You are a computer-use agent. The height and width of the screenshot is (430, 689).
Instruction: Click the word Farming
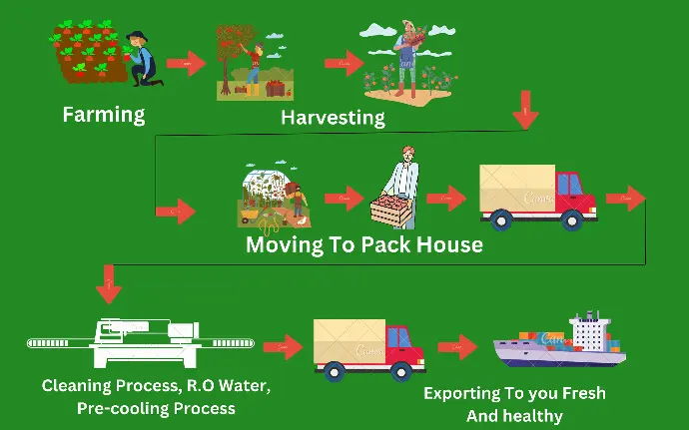click(x=104, y=115)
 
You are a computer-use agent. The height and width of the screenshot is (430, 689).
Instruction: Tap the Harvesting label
click(x=334, y=118)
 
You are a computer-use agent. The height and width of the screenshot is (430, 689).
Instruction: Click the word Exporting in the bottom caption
click(x=462, y=393)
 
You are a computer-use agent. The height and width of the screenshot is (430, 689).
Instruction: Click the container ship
click(x=559, y=339)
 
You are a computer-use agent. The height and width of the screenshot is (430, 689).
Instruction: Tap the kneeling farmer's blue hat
click(x=137, y=36)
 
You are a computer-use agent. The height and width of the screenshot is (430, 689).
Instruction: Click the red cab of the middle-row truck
click(x=575, y=194)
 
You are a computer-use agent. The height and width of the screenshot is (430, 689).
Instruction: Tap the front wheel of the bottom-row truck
click(x=401, y=372)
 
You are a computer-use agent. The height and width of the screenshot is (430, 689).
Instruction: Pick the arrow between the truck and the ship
click(x=457, y=347)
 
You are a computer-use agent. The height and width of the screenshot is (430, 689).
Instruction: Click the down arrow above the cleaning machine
click(x=109, y=283)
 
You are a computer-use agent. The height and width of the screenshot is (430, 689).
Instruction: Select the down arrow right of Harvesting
click(x=525, y=110)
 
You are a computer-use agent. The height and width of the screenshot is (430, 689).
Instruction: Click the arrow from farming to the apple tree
click(x=187, y=63)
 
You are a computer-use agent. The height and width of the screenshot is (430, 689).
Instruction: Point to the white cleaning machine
click(x=141, y=342)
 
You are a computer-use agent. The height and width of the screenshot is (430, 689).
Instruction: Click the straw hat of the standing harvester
click(x=409, y=24)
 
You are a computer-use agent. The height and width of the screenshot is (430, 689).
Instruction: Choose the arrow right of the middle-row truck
click(x=626, y=199)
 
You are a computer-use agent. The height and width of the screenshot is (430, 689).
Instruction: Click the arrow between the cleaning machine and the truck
click(x=283, y=347)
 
